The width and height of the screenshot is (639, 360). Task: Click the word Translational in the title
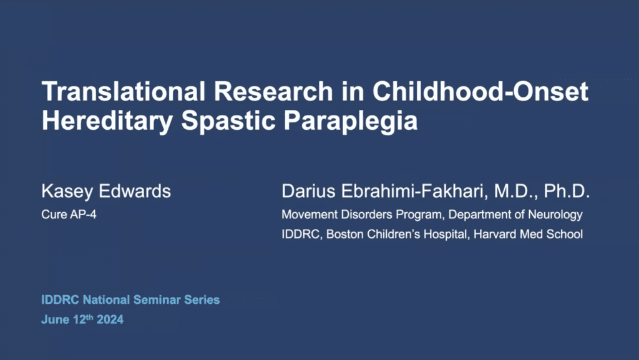(124, 91)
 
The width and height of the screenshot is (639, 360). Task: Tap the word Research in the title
(273, 91)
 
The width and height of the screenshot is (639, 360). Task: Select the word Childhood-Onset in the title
(480, 91)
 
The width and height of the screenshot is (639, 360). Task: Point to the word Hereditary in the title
(107, 121)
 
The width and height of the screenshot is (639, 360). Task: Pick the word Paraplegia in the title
(351, 121)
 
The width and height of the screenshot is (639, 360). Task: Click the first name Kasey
(67, 192)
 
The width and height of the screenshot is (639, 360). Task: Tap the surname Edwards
(135, 191)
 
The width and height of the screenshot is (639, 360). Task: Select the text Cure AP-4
(69, 214)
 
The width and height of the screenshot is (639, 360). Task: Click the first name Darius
(308, 191)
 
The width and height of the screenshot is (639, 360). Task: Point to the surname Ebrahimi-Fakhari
(414, 192)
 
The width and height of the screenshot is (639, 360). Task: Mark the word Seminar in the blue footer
(157, 299)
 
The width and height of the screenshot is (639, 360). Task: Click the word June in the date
(56, 319)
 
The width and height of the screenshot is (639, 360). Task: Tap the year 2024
(110, 319)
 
